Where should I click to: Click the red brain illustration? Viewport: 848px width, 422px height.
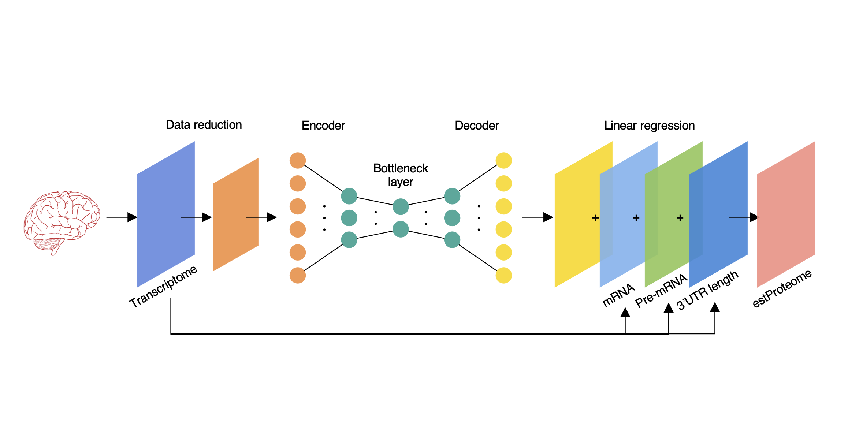tap(62, 221)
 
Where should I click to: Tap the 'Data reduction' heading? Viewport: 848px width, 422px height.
tap(204, 125)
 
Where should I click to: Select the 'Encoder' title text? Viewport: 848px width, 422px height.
tap(323, 126)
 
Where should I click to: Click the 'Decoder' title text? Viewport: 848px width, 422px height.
tap(476, 126)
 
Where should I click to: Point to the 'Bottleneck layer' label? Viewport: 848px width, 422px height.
tap(400, 175)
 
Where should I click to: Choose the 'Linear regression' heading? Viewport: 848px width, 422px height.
tap(649, 126)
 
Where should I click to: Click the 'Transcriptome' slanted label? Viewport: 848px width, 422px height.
tap(163, 287)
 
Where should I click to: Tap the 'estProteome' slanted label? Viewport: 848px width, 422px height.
tap(782, 288)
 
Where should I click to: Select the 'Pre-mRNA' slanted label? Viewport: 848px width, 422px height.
tap(661, 291)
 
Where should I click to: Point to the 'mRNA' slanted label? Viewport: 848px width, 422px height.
tap(618, 295)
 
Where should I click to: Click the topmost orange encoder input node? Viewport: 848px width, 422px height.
tap(297, 160)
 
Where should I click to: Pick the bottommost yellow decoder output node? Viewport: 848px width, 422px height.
tap(503, 275)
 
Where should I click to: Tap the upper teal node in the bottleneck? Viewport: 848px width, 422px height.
tap(400, 206)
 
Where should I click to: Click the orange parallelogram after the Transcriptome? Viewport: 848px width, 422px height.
tap(236, 214)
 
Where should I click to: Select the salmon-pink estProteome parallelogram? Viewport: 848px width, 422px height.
tap(786, 214)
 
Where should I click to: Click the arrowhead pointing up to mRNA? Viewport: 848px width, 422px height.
tap(625, 312)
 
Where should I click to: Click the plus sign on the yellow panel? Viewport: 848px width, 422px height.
tap(595, 218)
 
